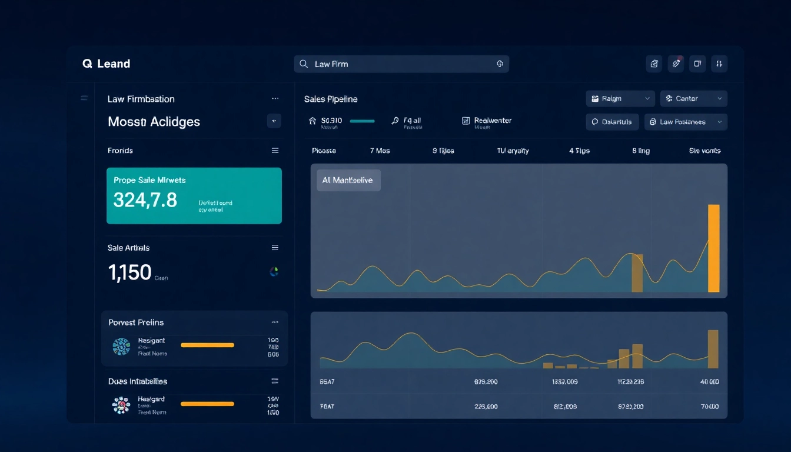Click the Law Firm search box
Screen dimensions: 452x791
[401, 64]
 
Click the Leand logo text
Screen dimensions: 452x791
[113, 64]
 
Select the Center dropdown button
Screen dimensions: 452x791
[693, 99]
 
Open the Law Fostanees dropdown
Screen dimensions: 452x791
[686, 122]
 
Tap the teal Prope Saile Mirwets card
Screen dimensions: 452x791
[194, 196]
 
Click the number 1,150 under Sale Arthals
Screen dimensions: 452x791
[130, 272]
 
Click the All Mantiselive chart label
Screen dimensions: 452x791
[348, 181]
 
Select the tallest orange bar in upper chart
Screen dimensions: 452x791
[713, 248]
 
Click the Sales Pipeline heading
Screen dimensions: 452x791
[331, 99]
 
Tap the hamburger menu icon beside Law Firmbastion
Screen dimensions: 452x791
[84, 98]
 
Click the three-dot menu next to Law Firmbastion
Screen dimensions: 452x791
[275, 99]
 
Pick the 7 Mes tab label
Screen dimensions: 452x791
[380, 151]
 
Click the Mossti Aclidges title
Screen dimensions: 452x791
[154, 122]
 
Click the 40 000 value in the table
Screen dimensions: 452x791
[710, 382]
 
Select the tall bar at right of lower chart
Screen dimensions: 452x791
[713, 349]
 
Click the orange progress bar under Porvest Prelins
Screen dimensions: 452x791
[207, 345]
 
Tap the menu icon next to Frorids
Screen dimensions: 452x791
[275, 151]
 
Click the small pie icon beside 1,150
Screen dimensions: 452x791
[274, 272]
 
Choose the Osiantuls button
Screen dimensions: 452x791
[612, 122]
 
